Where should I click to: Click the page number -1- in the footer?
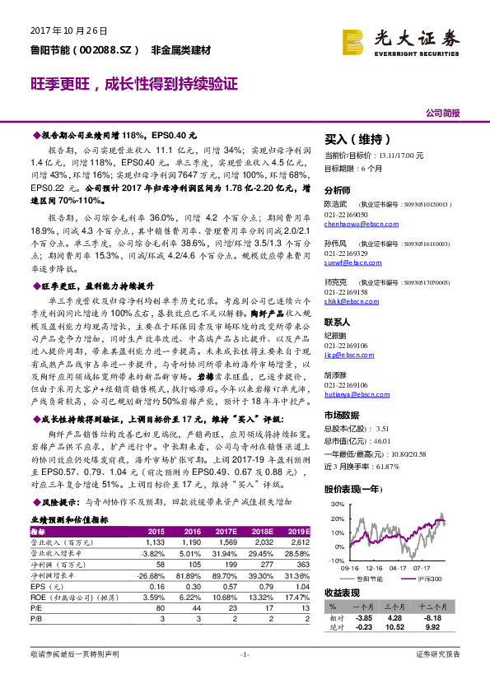click(x=245, y=676)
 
